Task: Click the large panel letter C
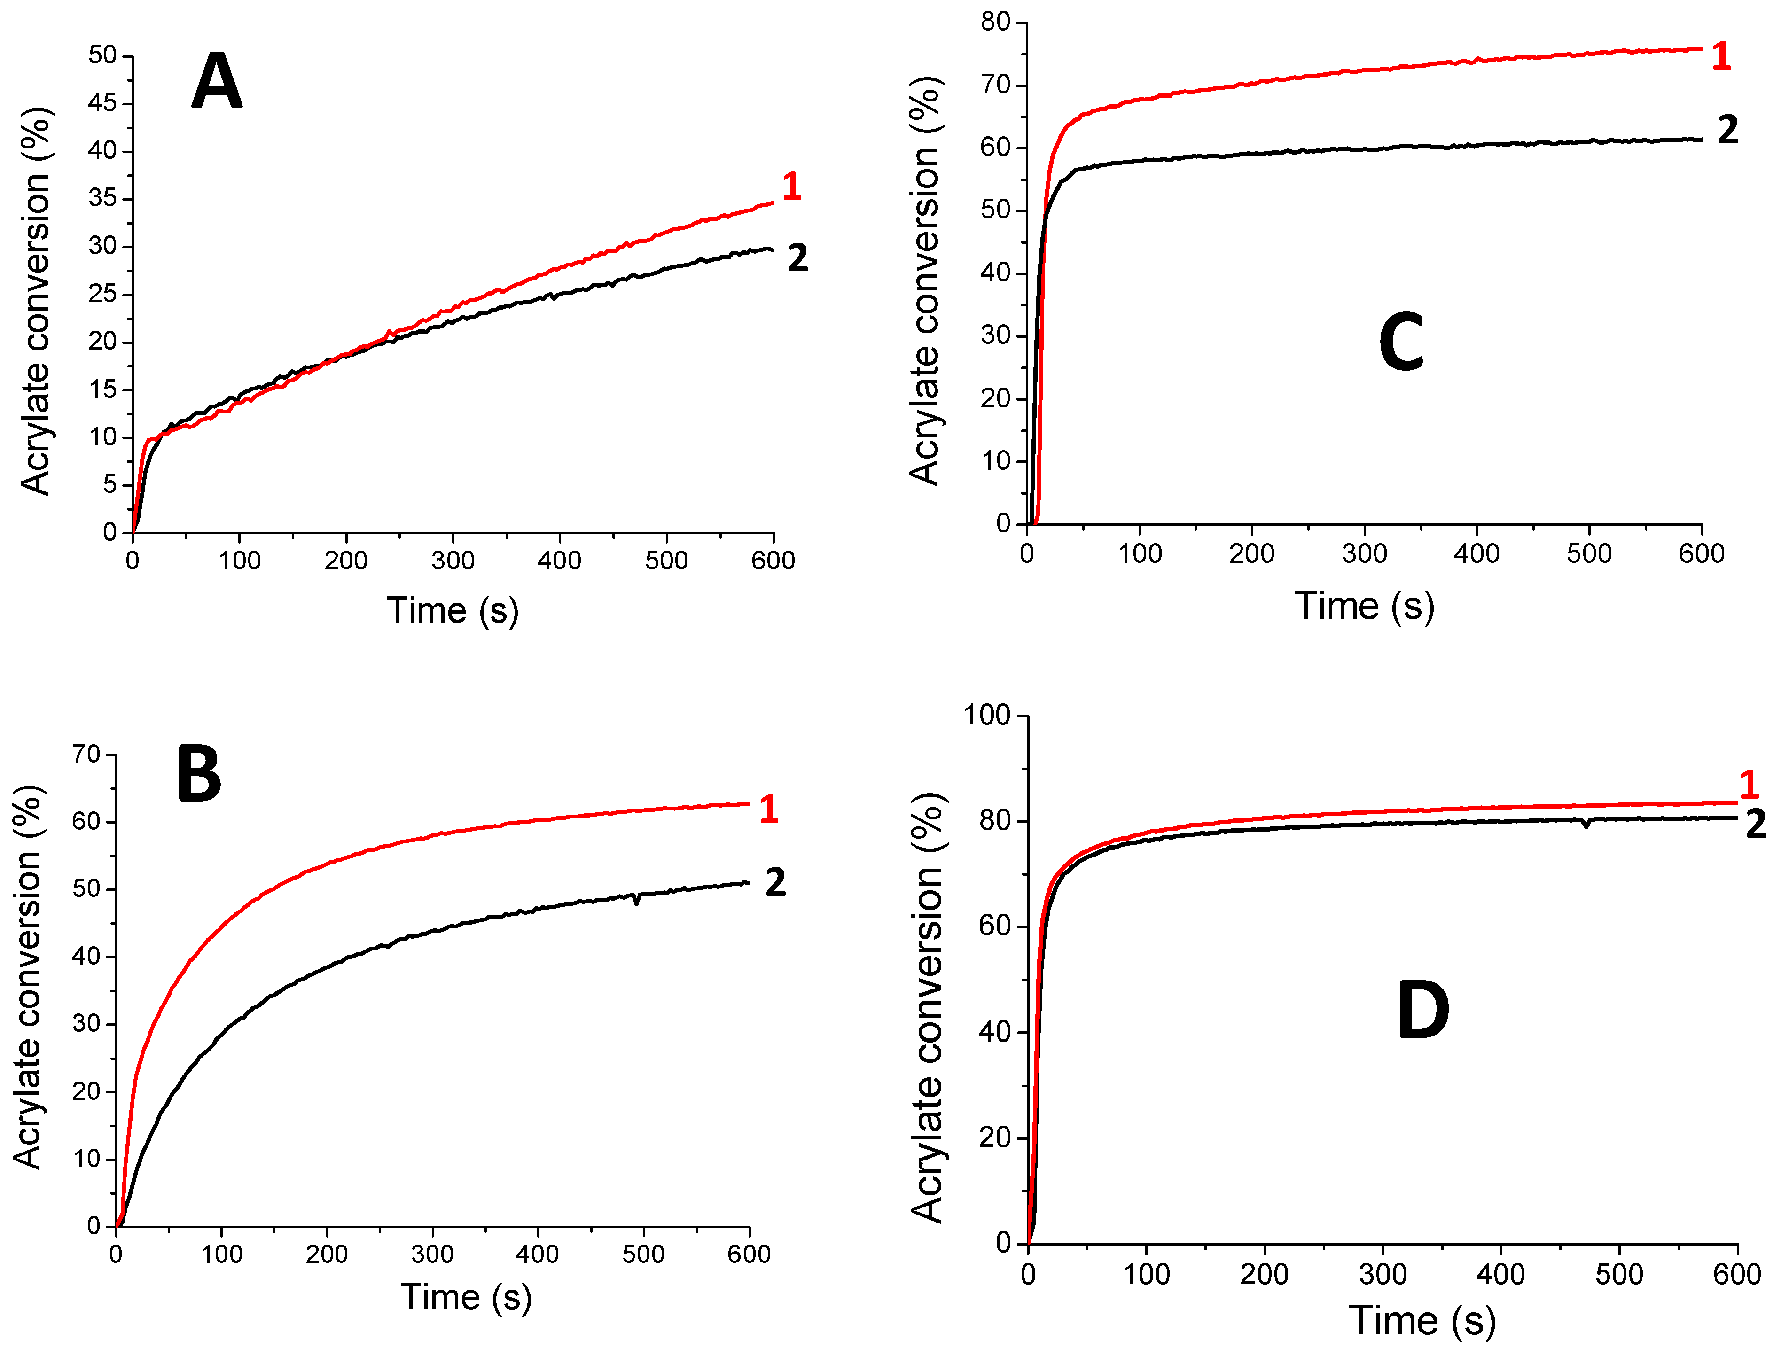[1401, 343]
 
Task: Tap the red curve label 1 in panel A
[791, 187]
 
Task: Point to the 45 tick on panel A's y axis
[102, 102]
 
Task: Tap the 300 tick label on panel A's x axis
[453, 560]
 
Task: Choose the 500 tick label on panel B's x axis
[643, 1254]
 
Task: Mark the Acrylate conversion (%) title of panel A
[36, 301]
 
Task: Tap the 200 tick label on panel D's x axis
[1264, 1274]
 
